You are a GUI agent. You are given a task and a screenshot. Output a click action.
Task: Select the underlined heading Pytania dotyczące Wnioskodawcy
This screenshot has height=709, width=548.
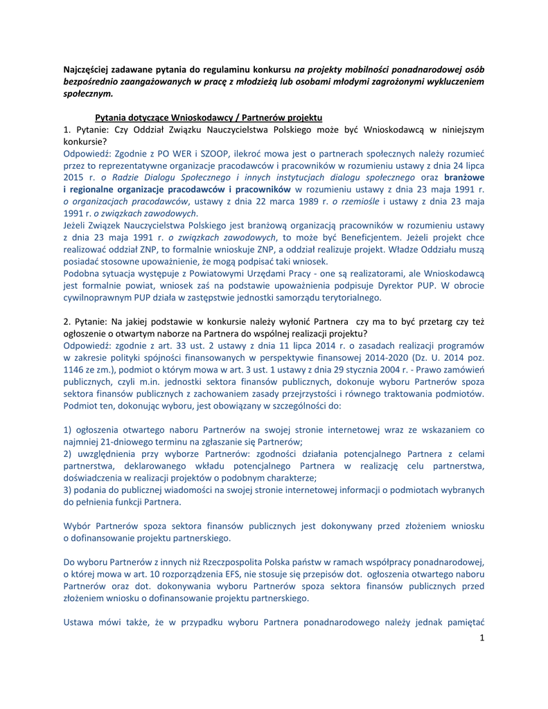coord(208,117)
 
